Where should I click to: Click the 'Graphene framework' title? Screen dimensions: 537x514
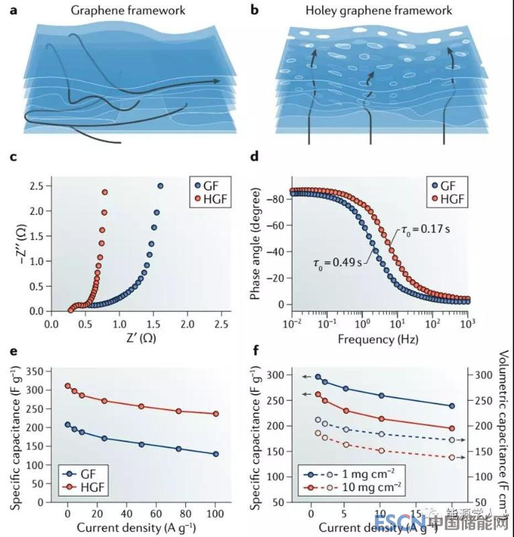[x=126, y=11]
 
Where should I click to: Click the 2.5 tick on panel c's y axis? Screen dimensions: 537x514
[x=37, y=185]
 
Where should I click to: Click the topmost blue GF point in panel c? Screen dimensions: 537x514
[x=160, y=186]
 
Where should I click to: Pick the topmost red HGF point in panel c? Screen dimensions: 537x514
[x=105, y=193]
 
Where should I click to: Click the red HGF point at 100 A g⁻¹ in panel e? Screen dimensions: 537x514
[x=215, y=414]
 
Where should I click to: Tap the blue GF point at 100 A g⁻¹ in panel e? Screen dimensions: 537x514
[x=215, y=454]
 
